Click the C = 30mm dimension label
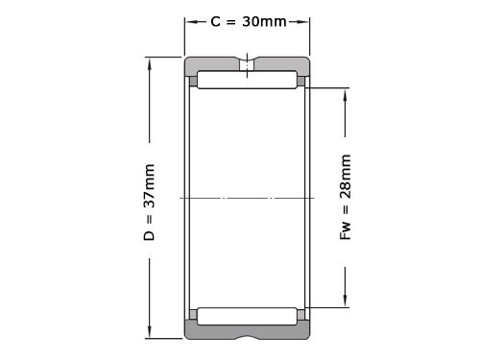pyautogui.click(x=249, y=21)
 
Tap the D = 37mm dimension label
pyautogui.click(x=149, y=203)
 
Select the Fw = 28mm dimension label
pyautogui.click(x=346, y=197)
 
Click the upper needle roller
pyautogui.click(x=247, y=80)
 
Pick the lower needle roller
pyautogui.click(x=247, y=317)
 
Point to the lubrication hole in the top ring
pyautogui.click(x=247, y=65)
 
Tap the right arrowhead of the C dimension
pyautogui.click(x=302, y=22)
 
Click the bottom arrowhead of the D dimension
pyautogui.click(x=149, y=330)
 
